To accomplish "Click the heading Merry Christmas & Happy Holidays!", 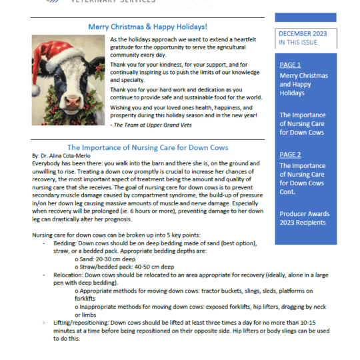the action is [147, 27].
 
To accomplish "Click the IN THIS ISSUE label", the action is [299, 42].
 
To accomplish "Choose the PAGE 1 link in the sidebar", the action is [290, 65].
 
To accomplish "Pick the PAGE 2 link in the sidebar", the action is [290, 155].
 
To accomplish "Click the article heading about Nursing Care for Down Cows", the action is [147, 147].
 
